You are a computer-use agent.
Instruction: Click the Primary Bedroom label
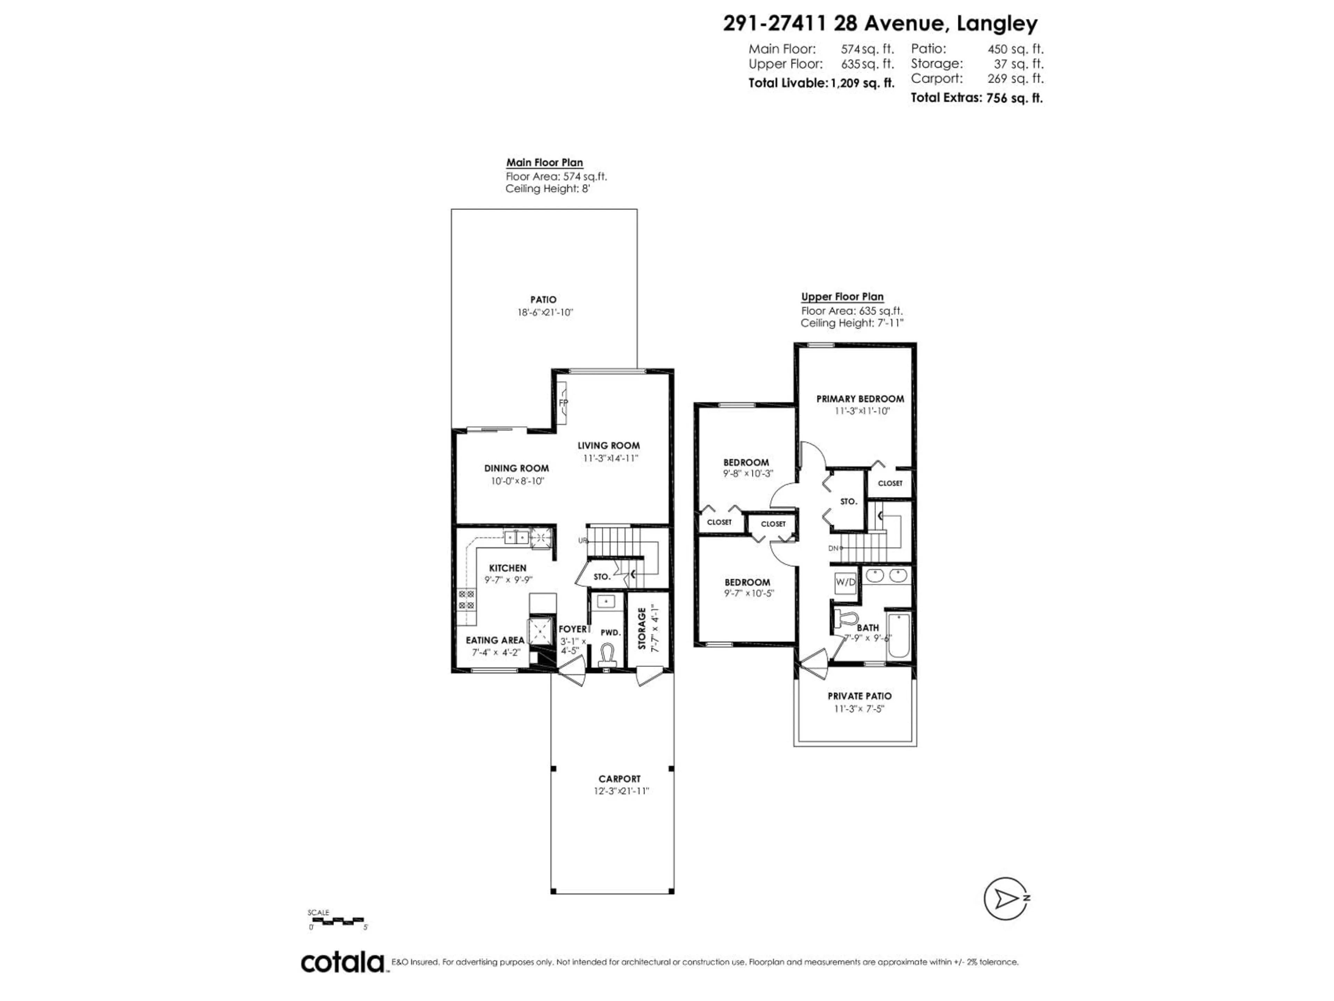860,399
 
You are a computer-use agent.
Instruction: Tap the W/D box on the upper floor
845,582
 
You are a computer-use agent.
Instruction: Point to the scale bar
337,921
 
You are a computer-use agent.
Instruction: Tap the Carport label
619,779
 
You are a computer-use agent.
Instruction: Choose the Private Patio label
859,696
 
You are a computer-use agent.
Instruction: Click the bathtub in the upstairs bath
897,636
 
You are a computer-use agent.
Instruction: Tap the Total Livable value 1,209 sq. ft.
862,83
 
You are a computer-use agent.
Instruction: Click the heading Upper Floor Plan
842,297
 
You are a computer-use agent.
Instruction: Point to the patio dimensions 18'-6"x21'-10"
545,312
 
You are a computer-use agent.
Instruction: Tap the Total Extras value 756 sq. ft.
1014,98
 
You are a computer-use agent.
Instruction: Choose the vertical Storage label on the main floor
642,629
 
